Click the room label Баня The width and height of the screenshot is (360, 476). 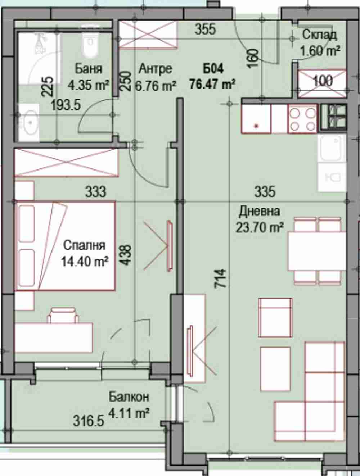point(89,69)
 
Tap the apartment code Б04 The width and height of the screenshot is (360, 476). point(213,69)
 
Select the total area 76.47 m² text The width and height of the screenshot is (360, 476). point(212,84)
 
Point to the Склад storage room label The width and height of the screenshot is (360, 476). point(320,35)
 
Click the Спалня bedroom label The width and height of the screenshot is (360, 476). point(85,246)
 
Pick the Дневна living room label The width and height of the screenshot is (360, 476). point(259,212)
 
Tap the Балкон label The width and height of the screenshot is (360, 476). point(129,397)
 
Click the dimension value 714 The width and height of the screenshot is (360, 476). point(220,278)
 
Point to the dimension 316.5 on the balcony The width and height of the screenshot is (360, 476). point(89,422)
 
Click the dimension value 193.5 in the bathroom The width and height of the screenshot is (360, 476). point(66,106)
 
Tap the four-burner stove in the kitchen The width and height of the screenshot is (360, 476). point(303,119)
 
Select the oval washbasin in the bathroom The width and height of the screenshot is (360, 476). point(30,123)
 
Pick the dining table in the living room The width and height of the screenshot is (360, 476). point(317,251)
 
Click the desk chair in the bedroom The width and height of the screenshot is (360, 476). point(63,315)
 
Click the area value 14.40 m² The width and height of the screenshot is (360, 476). point(85,262)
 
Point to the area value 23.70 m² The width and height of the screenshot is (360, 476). point(260,227)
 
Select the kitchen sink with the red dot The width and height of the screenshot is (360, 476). point(256,119)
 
